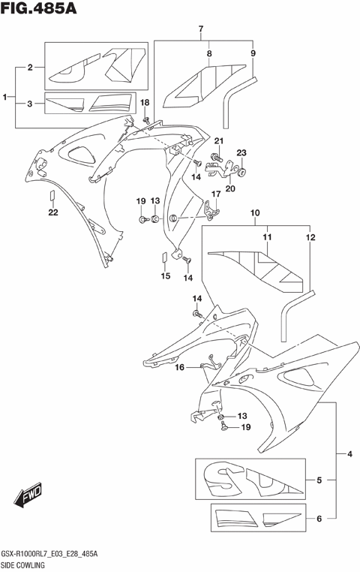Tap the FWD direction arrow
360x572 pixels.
coord(28,496)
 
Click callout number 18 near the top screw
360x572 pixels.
coord(145,102)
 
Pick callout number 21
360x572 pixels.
coord(219,141)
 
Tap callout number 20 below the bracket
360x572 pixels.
coord(229,188)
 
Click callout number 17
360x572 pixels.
coord(214,194)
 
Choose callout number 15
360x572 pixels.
coord(166,276)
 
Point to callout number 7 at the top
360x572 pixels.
coord(201,30)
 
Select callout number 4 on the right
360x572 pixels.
coord(349,454)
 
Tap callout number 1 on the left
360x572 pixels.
coord(6,98)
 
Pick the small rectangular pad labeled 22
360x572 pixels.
coord(52,197)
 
